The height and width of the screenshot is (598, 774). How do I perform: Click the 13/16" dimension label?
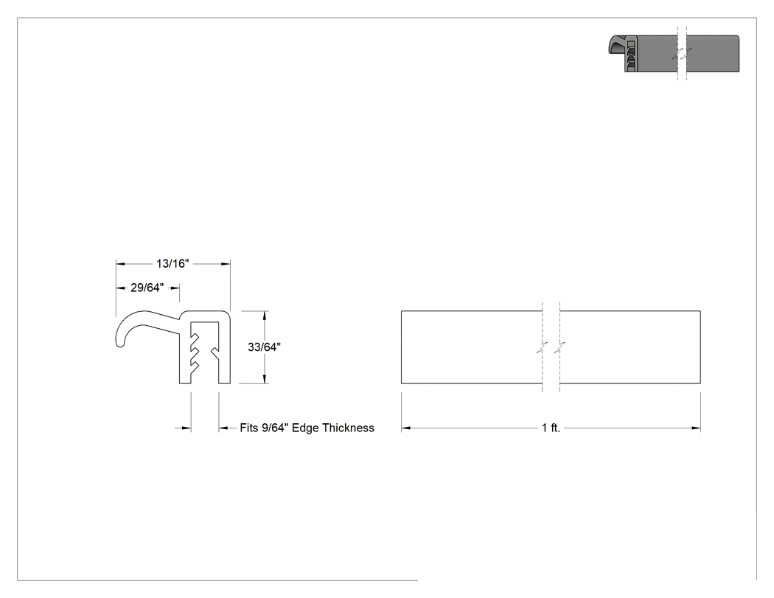pyautogui.click(x=172, y=264)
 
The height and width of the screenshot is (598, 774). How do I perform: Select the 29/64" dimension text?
pyautogui.click(x=147, y=288)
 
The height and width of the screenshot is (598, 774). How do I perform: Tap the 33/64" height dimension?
pyautogui.click(x=264, y=347)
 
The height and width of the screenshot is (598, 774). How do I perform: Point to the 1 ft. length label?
pyautogui.click(x=551, y=428)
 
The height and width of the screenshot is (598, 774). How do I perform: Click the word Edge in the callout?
pyautogui.click(x=306, y=428)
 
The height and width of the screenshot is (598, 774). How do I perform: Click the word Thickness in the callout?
pyautogui.click(x=349, y=428)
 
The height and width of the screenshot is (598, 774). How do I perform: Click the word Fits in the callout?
pyautogui.click(x=249, y=428)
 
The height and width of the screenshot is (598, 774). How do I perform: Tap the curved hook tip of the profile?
pyautogui.click(x=119, y=341)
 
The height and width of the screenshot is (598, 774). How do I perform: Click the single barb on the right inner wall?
pyautogui.click(x=215, y=352)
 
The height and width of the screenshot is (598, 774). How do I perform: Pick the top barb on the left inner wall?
pyautogui.click(x=195, y=338)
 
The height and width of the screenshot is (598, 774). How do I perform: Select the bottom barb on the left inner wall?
pyautogui.click(x=195, y=366)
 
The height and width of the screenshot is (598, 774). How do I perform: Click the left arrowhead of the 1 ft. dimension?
pyautogui.click(x=405, y=428)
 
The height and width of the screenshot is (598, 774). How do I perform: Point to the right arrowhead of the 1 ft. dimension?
pyautogui.click(x=696, y=428)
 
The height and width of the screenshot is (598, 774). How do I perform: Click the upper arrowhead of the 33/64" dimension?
pyautogui.click(x=265, y=315)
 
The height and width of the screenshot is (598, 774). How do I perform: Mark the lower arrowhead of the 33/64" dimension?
pyautogui.click(x=265, y=379)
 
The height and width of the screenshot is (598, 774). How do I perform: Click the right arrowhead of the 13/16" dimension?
pyautogui.click(x=226, y=264)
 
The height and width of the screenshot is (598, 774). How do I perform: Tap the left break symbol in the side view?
pyautogui.click(x=543, y=347)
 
